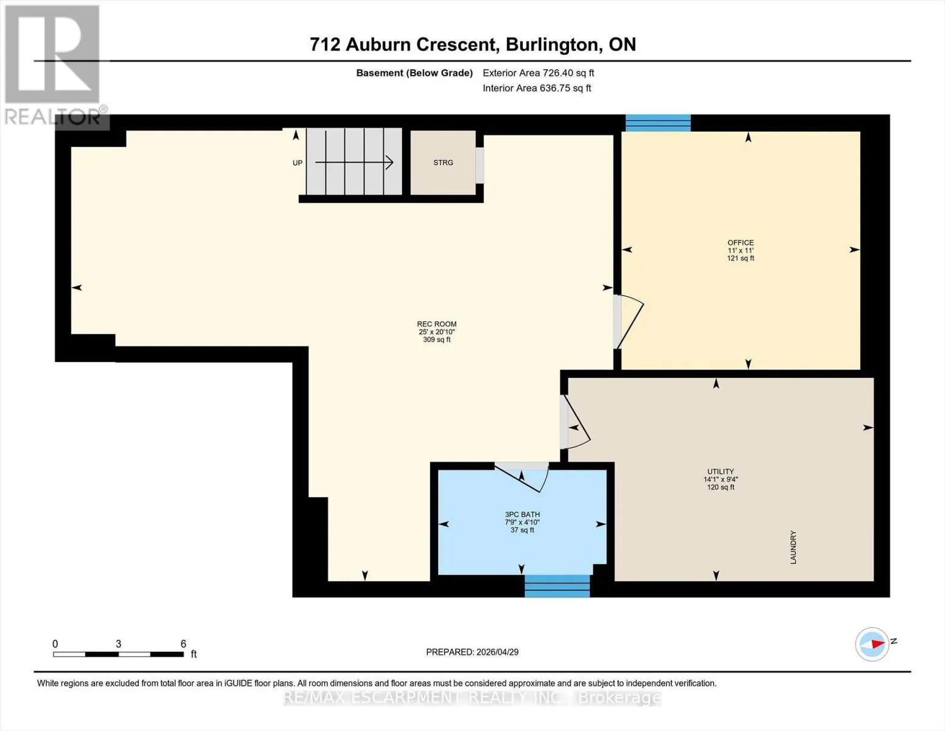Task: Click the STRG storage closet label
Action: tap(443, 163)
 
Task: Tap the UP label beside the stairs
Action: tap(298, 163)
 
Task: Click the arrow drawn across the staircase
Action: tap(354, 163)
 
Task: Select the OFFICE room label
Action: tap(740, 242)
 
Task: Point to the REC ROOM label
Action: tap(437, 324)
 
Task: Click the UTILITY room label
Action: tap(720, 471)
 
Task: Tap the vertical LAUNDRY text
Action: tap(793, 547)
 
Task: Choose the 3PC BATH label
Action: tap(522, 515)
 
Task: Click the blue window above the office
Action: tap(658, 123)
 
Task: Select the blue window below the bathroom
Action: tap(557, 586)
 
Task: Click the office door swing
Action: tap(629, 322)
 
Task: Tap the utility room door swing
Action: tap(575, 422)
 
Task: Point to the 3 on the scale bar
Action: tap(118, 644)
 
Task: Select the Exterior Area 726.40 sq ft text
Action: tap(539, 73)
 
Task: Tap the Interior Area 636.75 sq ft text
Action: tap(537, 88)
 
